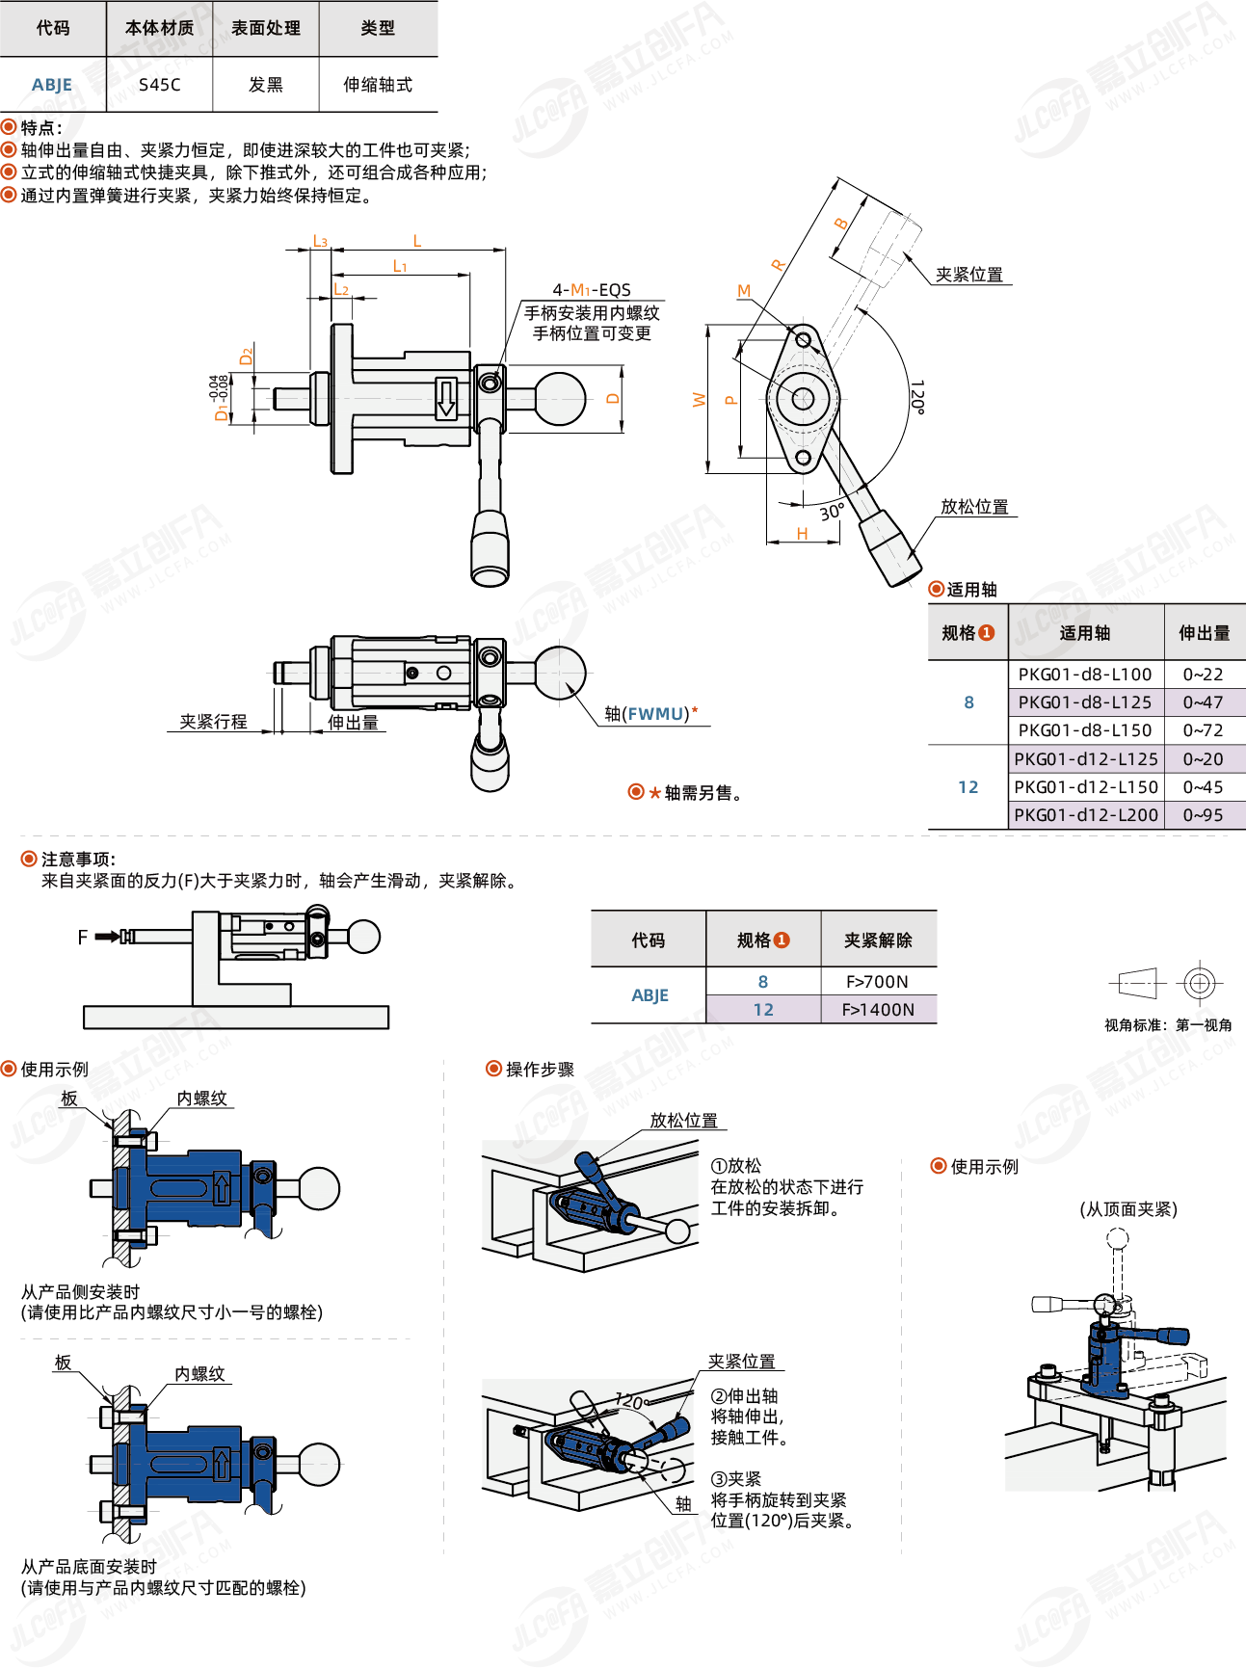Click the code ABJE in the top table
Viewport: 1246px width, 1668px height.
[52, 85]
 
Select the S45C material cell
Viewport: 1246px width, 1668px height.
[159, 85]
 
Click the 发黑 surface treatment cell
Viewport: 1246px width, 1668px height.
[265, 85]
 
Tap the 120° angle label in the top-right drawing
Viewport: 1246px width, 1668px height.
[917, 396]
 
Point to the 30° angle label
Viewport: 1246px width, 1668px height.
[832, 512]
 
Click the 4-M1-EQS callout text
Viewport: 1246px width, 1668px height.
[592, 290]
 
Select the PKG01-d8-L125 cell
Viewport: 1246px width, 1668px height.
[1085, 702]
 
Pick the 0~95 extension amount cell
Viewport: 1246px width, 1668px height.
[1203, 815]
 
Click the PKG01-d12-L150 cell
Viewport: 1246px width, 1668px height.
[1085, 787]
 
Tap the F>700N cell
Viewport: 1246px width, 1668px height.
[877, 982]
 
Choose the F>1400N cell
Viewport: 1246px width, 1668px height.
[877, 1010]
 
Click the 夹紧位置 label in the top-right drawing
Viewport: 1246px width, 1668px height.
[968, 275]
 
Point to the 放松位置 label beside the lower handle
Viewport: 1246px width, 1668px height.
[974, 507]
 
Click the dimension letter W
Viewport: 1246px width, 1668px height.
[700, 400]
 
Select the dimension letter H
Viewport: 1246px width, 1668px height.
[802, 534]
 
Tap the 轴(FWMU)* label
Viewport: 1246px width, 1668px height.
[651, 714]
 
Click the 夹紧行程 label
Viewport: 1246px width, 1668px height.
[213, 722]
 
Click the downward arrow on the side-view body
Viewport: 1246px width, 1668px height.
[446, 398]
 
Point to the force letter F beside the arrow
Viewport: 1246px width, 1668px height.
[83, 937]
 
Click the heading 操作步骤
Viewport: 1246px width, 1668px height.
[540, 1070]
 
